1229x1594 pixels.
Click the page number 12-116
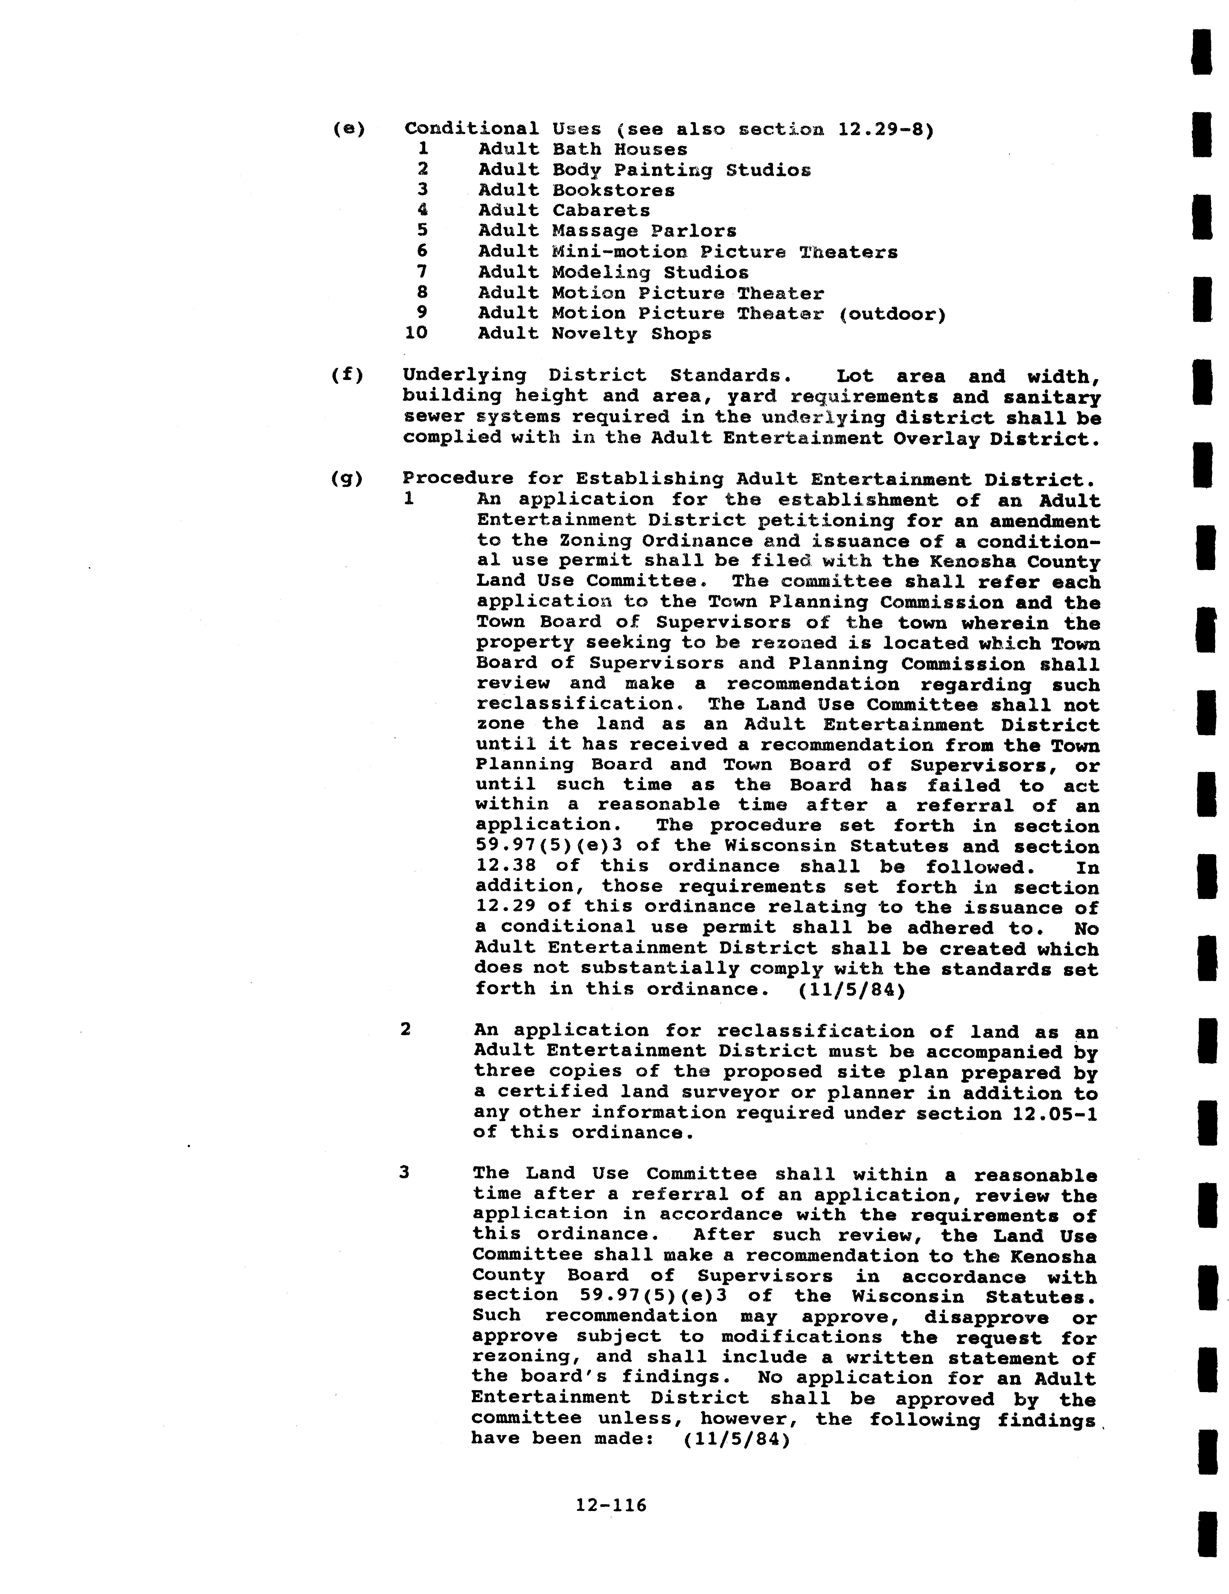click(611, 1504)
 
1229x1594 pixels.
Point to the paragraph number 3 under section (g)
click(404, 1172)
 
